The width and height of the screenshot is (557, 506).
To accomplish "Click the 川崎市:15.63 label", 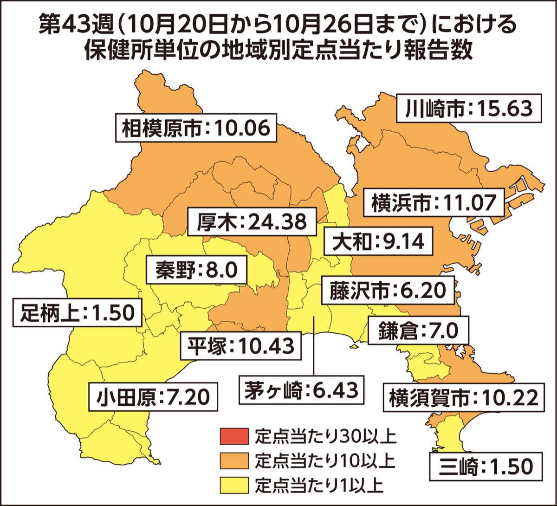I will pyautogui.click(x=469, y=109).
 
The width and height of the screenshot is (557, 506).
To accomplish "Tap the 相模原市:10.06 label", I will pyautogui.click(x=195, y=127).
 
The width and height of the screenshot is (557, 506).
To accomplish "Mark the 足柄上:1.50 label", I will pyautogui.click(x=77, y=312).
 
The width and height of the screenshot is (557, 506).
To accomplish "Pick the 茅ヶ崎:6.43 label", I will pyautogui.click(x=301, y=390).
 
